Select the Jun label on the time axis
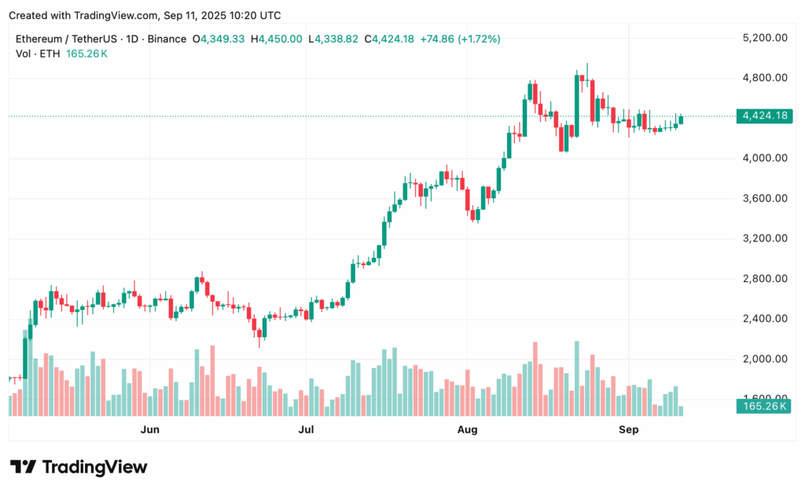[x=149, y=429]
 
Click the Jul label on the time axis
[x=307, y=429]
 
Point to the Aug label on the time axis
[x=467, y=429]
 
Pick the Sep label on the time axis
[x=628, y=429]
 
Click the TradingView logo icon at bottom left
[x=23, y=467]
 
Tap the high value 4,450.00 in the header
[x=281, y=39]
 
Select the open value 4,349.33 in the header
[x=223, y=39]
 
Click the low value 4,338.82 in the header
[x=336, y=39]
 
